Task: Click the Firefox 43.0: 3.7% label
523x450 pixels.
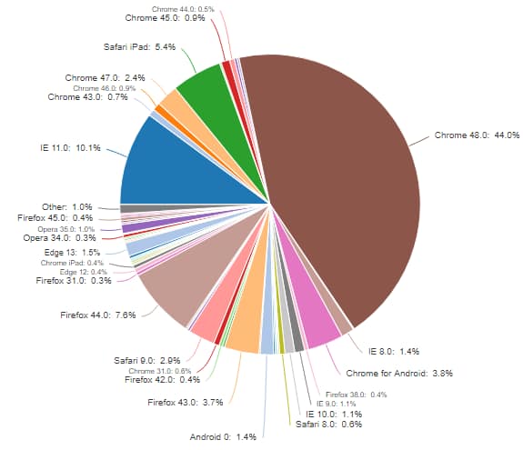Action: click(x=185, y=401)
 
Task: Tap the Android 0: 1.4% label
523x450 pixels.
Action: click(x=223, y=436)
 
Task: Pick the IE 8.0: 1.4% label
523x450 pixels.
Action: click(x=393, y=351)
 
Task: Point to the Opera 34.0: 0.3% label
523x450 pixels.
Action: click(x=62, y=238)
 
